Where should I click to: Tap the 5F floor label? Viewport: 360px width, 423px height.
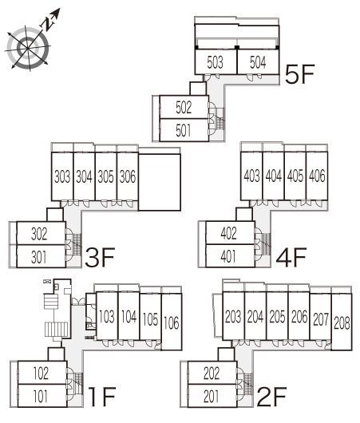point(300,74)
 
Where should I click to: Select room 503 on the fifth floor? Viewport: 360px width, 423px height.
point(216,61)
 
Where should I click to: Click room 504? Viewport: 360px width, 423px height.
point(258,61)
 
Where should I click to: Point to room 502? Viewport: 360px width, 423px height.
point(184,107)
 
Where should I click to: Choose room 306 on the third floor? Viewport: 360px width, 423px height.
point(128,176)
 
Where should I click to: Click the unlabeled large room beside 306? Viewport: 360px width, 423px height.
point(160,182)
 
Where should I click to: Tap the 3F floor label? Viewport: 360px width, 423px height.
point(100,257)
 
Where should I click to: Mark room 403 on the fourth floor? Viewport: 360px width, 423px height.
point(251,176)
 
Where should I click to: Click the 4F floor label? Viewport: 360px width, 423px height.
point(291,257)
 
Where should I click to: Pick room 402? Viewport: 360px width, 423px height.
point(230,233)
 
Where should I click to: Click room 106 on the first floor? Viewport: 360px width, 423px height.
point(172,322)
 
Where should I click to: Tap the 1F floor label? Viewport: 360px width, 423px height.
point(102,397)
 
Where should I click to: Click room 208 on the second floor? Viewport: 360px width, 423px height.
point(342,322)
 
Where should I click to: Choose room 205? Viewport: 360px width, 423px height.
point(277,316)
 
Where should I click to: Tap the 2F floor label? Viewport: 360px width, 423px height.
point(271,397)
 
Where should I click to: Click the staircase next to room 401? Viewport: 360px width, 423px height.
point(267,244)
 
